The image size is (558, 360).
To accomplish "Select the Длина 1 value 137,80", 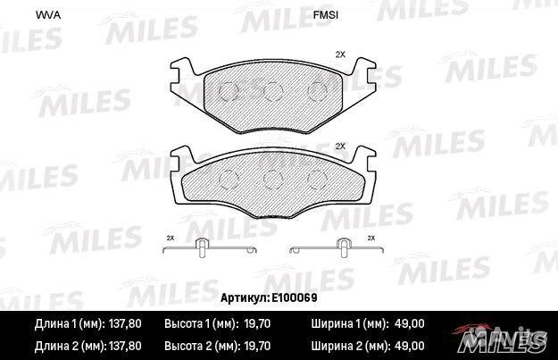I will click(x=127, y=325).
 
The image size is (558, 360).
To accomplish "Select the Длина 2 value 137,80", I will click(x=127, y=344).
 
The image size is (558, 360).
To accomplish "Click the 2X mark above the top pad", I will click(x=339, y=54).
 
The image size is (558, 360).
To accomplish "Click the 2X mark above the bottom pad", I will click(x=339, y=145).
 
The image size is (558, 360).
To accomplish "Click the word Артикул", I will click(x=241, y=297).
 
